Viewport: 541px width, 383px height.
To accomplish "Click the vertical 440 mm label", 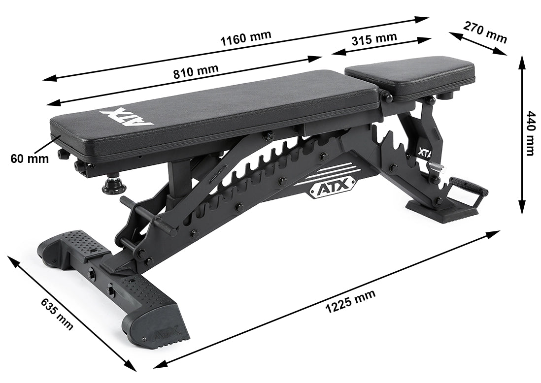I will click(x=531, y=133).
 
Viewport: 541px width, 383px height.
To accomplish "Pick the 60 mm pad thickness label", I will click(x=30, y=159).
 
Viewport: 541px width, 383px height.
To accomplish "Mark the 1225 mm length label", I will click(x=350, y=302).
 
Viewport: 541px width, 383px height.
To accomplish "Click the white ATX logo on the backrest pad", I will click(x=128, y=118).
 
